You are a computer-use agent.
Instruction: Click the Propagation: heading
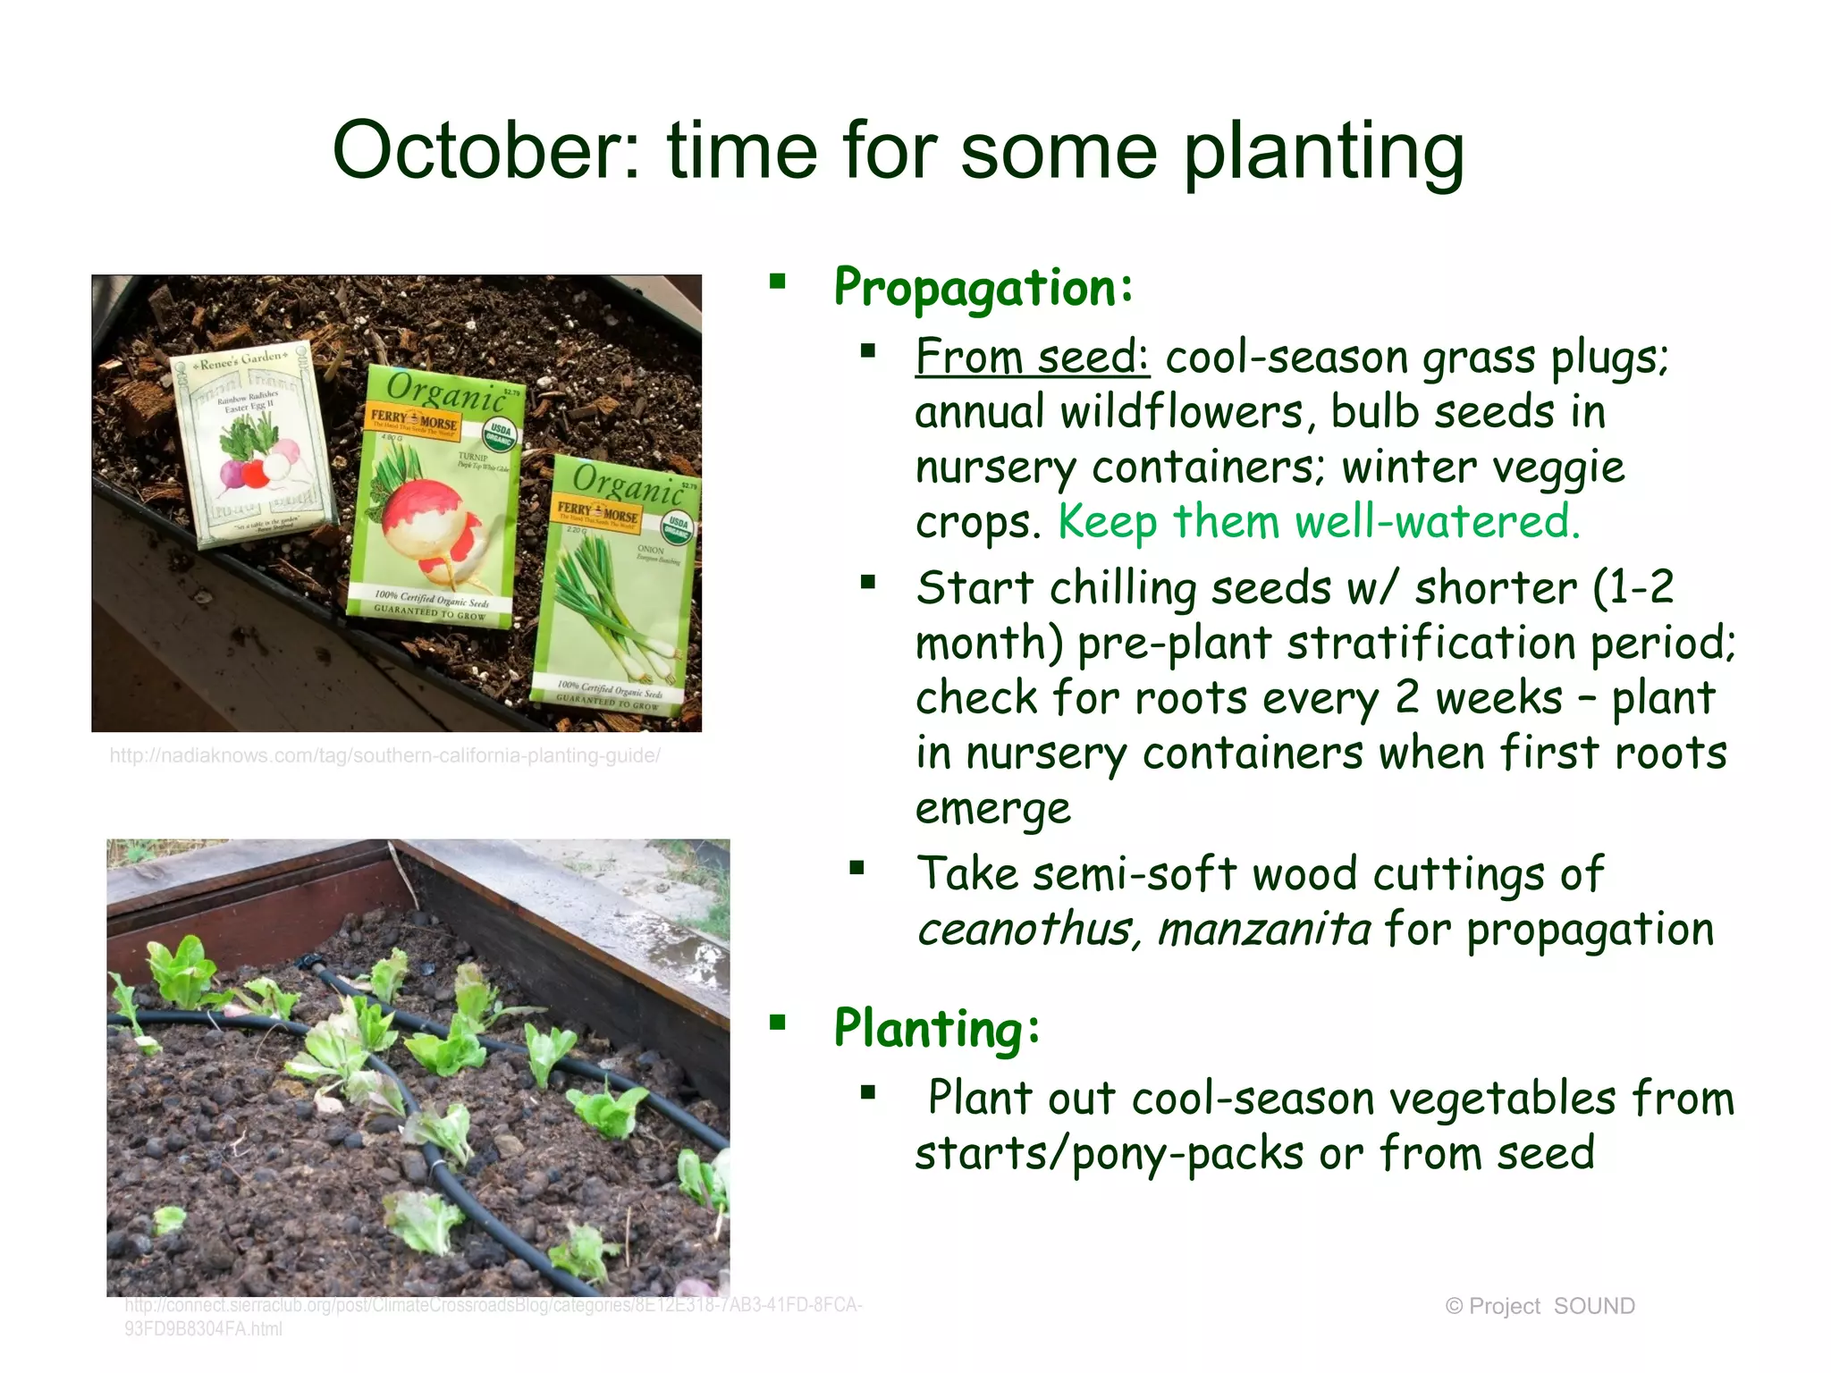(983, 288)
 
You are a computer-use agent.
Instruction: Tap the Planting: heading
(937, 1028)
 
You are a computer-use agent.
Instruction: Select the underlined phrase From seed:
(1032, 357)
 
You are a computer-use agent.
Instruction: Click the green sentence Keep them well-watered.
(1319, 521)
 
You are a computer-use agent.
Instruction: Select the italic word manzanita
(1263, 930)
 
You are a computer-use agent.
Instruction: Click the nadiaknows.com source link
(384, 756)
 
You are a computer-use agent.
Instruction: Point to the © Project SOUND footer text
(1540, 1306)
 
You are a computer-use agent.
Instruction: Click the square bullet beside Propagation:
(777, 282)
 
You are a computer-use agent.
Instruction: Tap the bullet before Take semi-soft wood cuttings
(857, 867)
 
